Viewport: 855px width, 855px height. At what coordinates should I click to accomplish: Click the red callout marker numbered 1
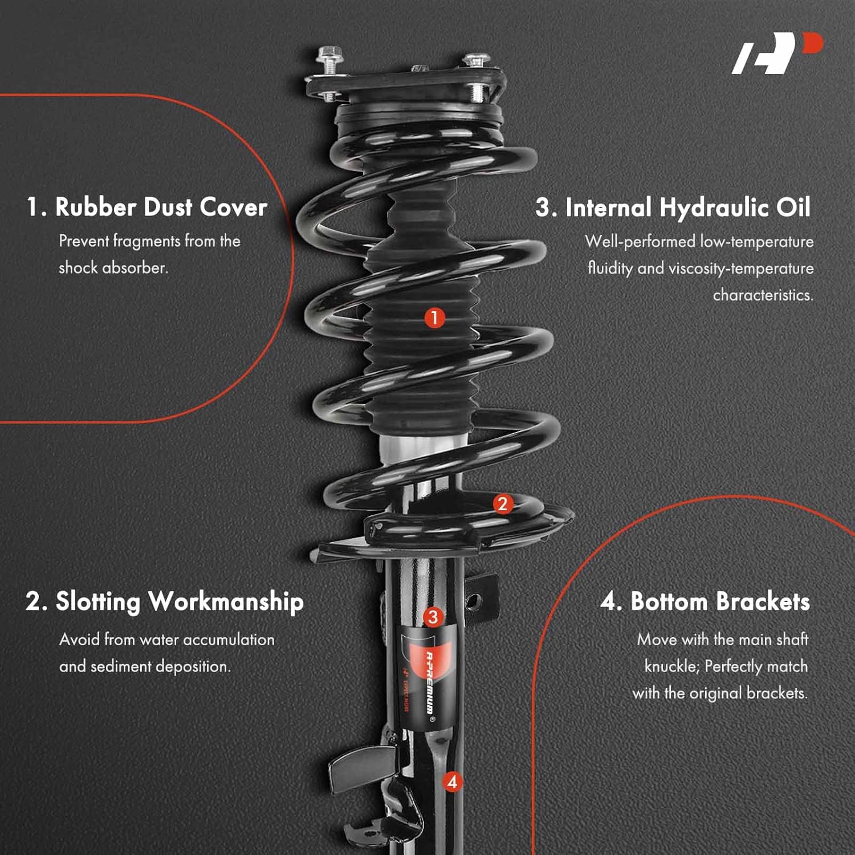(434, 317)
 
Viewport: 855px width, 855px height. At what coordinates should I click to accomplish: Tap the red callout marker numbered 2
(502, 504)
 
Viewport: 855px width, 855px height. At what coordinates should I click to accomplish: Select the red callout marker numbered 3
(433, 617)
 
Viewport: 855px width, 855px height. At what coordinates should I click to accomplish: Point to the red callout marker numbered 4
(452, 781)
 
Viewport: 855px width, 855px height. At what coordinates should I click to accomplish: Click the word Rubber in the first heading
(96, 207)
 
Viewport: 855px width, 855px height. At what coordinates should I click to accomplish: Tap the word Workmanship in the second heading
(226, 602)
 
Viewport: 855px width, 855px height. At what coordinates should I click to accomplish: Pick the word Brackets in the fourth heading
(763, 602)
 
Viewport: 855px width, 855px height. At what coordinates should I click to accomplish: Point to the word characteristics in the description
(763, 295)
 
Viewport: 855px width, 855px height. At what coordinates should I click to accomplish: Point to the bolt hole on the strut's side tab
(473, 600)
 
